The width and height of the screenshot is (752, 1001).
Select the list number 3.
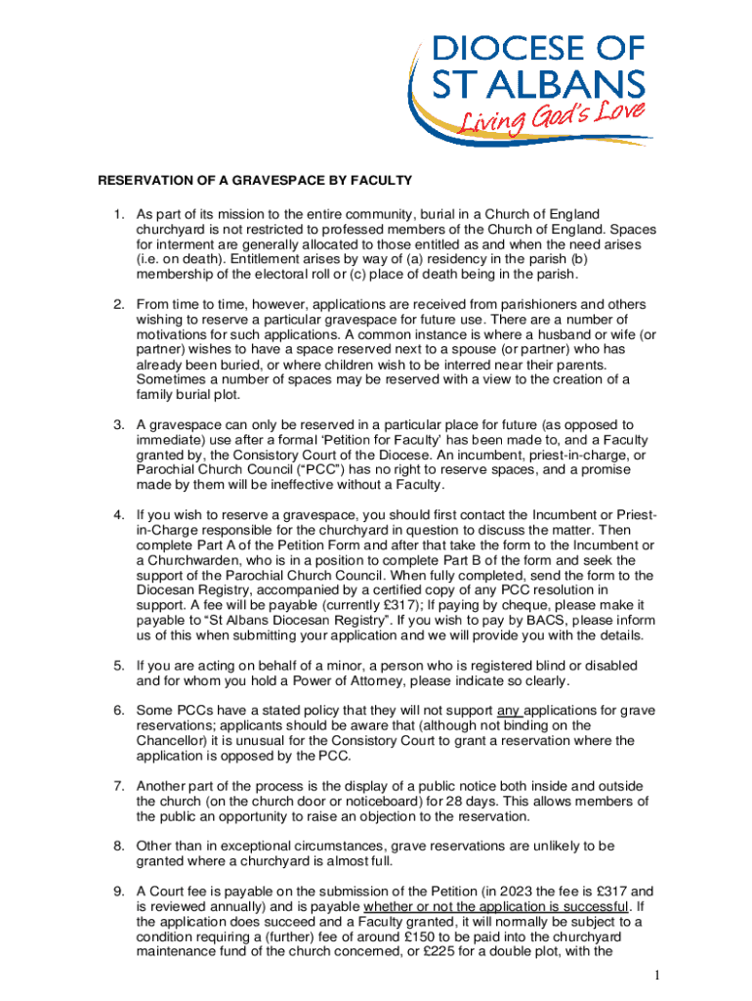point(119,424)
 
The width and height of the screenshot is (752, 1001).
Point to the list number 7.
point(119,785)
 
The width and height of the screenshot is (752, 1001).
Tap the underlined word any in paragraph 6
point(511,710)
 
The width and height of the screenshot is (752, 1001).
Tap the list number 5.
point(119,666)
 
